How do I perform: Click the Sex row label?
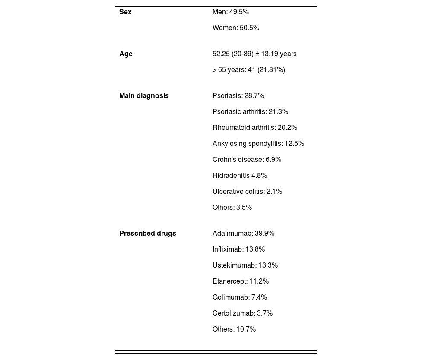tap(125, 12)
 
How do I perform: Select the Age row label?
tap(126, 54)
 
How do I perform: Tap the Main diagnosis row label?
tap(144, 96)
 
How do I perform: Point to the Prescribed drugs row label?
tap(147, 234)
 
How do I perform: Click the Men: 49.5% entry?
tap(231, 12)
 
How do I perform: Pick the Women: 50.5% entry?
tap(236, 28)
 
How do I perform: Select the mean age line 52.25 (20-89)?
tap(254, 54)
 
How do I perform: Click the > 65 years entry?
tap(248, 70)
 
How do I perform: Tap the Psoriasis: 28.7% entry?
tap(238, 96)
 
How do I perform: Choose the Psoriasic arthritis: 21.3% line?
tap(250, 112)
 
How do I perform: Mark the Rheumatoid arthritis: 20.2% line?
tap(255, 128)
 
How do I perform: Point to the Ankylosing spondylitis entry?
tap(258, 144)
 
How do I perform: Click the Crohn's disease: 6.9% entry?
tap(247, 160)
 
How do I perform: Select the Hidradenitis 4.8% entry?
tap(240, 176)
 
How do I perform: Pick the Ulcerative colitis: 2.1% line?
tap(247, 192)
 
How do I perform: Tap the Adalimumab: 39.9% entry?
tap(243, 234)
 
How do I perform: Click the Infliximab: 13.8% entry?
tap(238, 249)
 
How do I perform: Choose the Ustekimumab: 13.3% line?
tap(245, 265)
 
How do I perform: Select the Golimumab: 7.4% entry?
tap(240, 297)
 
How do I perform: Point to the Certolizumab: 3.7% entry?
tap(242, 313)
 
